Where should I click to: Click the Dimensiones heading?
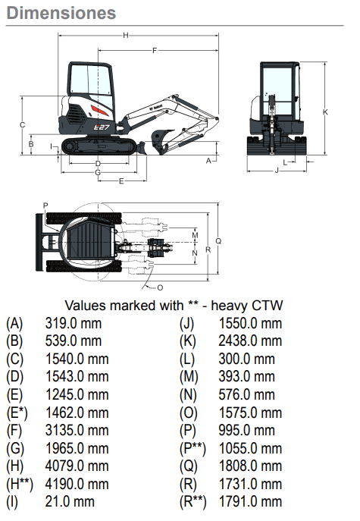point(61,13)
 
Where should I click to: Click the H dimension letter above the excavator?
point(126,35)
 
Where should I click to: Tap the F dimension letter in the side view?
point(155,51)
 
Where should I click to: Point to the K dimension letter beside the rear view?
point(325,112)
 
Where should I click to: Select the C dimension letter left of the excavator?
point(22,125)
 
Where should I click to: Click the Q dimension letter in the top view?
point(218,241)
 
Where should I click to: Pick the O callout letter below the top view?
point(160,287)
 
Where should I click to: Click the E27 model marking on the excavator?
point(101,127)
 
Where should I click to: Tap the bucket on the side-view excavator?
point(161,140)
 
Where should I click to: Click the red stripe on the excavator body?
point(99,111)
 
